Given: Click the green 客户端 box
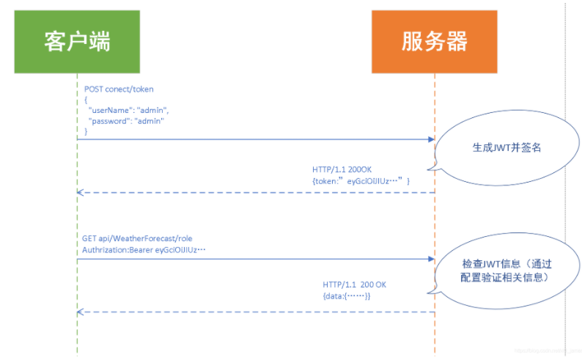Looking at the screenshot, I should click(76, 42).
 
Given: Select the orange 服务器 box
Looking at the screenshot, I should click(434, 42).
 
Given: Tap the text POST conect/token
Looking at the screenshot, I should click(119, 89).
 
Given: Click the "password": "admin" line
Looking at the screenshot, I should click(126, 121).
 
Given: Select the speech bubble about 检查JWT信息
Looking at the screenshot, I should click(506, 271).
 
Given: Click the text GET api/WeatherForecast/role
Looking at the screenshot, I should click(138, 238).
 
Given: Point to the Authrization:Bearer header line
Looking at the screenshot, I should click(144, 250).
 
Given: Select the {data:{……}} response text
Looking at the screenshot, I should click(347, 295).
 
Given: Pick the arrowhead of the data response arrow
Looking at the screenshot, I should click(81, 312).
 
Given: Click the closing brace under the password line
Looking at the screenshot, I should click(86, 131).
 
